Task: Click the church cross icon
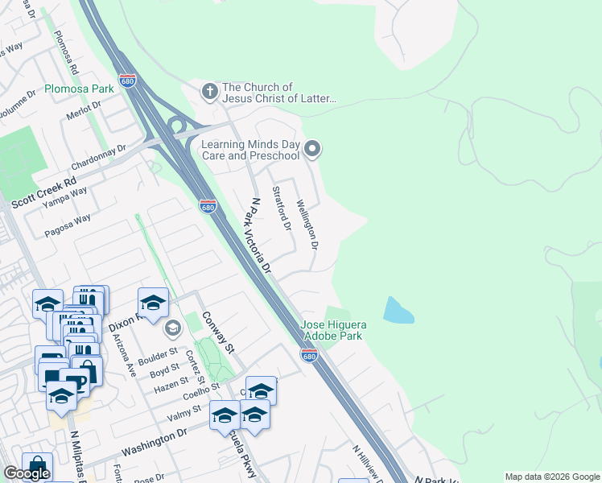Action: pos(209,92)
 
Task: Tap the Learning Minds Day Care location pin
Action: pos(313,149)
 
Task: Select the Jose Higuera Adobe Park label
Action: pos(334,331)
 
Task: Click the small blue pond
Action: pos(398,310)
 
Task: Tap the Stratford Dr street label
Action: pos(282,208)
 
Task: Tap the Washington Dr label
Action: pos(154,441)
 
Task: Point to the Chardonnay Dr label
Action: pos(99,151)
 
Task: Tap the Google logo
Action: pos(27,474)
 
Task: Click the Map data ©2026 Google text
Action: pos(551,477)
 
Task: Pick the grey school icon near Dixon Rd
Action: pos(172,328)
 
